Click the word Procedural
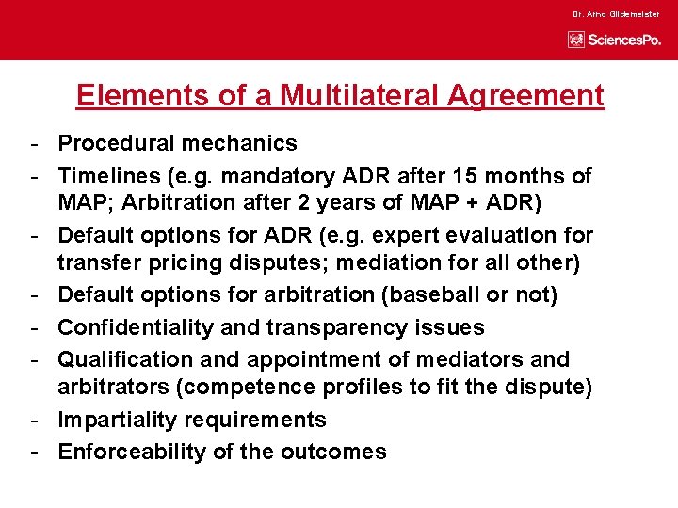tap(114, 144)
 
